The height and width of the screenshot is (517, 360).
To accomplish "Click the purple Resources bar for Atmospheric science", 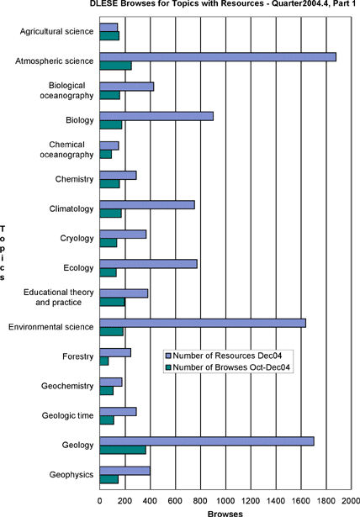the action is click(x=218, y=56).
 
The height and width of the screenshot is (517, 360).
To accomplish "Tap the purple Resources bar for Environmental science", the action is click(x=203, y=323).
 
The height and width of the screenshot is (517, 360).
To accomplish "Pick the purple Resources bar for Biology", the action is click(x=156, y=116).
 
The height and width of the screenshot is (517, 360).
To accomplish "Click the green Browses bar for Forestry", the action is click(x=104, y=361).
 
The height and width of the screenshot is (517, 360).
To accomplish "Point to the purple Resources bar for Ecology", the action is click(x=149, y=264).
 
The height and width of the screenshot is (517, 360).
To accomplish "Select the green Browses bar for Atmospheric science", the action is click(x=115, y=66).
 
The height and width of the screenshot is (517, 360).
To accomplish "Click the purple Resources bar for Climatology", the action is click(x=147, y=205).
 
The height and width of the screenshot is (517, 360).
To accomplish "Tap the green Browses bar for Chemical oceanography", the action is click(x=106, y=155).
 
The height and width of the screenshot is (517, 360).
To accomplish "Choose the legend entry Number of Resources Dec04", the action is click(x=224, y=356).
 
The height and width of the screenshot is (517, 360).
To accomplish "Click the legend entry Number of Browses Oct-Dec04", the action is click(x=228, y=367).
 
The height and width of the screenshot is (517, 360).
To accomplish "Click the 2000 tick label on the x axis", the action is click(x=351, y=501).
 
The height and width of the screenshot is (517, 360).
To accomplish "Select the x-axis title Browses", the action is click(x=225, y=514).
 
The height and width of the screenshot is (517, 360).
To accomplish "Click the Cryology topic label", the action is click(x=77, y=239).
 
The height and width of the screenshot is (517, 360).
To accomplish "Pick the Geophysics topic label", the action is click(x=71, y=475).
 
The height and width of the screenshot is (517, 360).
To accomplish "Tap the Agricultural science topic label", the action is click(x=56, y=31).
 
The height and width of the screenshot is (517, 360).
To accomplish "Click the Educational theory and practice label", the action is click(x=59, y=298).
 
